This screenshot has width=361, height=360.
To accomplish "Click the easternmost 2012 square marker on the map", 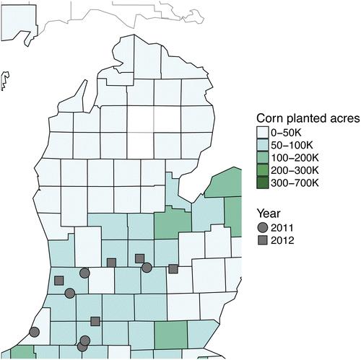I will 173,269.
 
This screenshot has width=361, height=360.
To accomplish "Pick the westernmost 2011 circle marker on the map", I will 35,332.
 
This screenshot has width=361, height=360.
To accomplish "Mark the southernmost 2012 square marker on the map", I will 95,321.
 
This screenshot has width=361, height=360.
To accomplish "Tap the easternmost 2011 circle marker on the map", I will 147,268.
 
